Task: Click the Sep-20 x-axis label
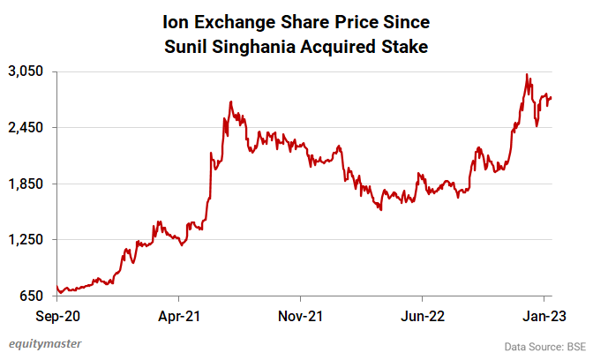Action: point(56,313)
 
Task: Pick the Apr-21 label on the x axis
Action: point(179,313)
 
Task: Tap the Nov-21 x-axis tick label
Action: point(301,313)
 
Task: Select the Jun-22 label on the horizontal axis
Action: point(423,313)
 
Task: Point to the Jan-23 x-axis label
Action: point(544,313)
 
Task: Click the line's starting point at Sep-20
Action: point(56,286)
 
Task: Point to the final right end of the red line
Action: point(551,97)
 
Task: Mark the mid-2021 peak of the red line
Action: point(230,102)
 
